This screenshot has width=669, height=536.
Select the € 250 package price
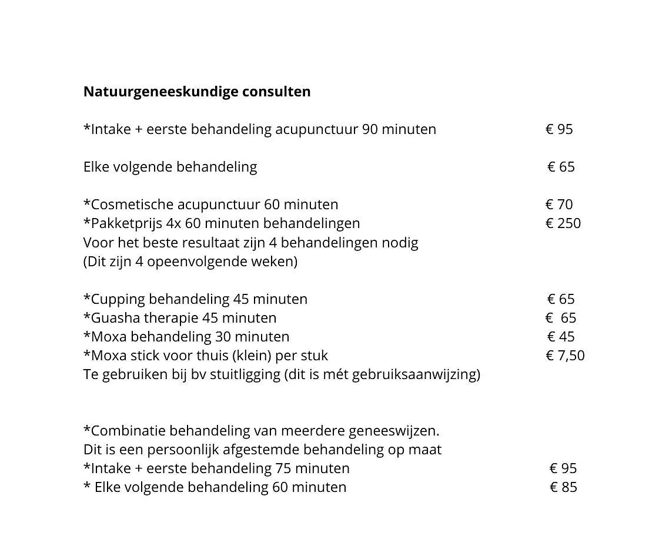(x=563, y=223)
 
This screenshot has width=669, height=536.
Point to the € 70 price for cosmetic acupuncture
(x=558, y=205)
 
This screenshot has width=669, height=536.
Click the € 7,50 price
(x=565, y=356)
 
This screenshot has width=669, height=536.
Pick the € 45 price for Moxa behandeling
(x=561, y=337)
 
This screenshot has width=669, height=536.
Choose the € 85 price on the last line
(x=563, y=487)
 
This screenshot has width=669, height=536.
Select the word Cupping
(x=118, y=299)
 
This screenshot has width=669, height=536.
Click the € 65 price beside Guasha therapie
(x=561, y=318)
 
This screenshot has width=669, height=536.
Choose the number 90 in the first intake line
(x=370, y=129)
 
